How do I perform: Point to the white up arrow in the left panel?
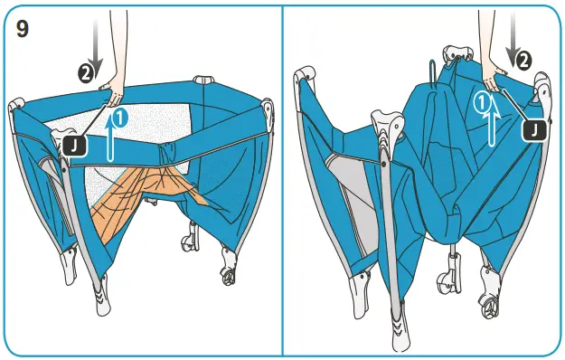110,136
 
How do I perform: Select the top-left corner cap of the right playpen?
307,78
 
